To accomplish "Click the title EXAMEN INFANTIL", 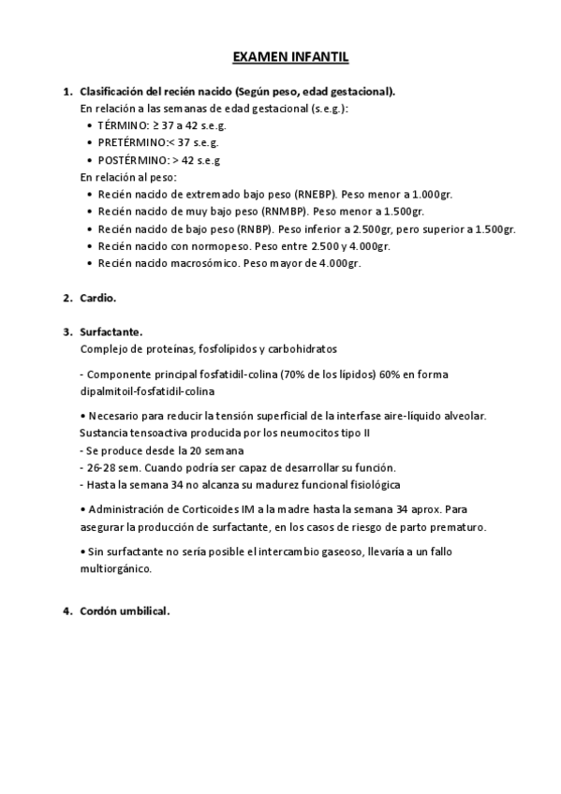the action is [x=290, y=58].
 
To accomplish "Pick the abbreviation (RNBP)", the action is [x=257, y=229].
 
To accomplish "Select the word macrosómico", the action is [x=203, y=264].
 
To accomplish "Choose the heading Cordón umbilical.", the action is [x=125, y=611].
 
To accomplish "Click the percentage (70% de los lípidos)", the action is [x=323, y=375].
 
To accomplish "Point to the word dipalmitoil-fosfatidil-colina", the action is [x=148, y=390].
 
